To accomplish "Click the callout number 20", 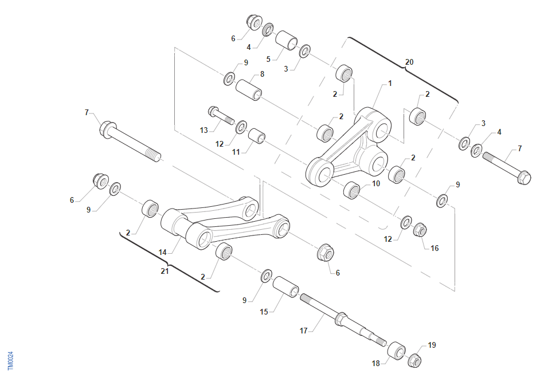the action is click(x=409, y=62).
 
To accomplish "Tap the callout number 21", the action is click(x=165, y=271).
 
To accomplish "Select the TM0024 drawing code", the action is click(x=10, y=361).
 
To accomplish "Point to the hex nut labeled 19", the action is click(x=414, y=360).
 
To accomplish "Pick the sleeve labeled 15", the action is click(x=285, y=286).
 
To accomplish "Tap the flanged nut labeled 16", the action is click(x=420, y=230).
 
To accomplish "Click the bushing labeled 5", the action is click(x=286, y=40).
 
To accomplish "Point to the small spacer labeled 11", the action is click(x=257, y=136).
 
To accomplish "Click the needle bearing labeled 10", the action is click(x=352, y=190).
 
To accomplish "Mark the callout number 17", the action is click(x=304, y=331).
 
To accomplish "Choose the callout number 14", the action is click(x=163, y=253).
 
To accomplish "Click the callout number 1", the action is click(x=390, y=83).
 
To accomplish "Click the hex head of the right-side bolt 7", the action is click(x=524, y=178).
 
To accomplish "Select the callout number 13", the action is click(x=203, y=131).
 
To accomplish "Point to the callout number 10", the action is click(x=376, y=183).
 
